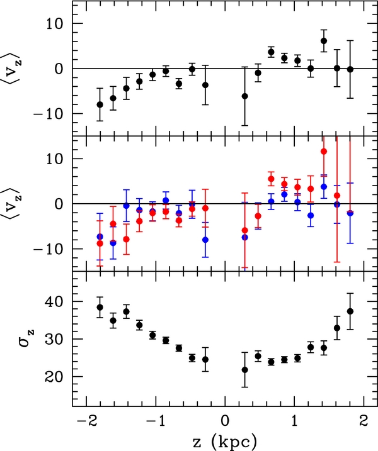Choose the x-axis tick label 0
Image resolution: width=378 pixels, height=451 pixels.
(x=225, y=420)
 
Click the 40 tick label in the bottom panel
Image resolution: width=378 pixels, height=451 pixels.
(x=54, y=302)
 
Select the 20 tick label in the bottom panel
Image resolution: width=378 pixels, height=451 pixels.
(x=54, y=377)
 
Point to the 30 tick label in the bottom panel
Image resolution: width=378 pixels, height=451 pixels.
(x=54, y=340)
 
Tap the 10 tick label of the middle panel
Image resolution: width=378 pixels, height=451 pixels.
(x=54, y=159)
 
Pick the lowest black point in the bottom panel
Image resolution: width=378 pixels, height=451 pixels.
(x=244, y=370)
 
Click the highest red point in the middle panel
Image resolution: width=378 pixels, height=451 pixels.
(x=324, y=151)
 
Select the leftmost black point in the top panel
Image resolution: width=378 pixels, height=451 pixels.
(x=100, y=104)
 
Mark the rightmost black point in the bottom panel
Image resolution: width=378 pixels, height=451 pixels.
(x=350, y=311)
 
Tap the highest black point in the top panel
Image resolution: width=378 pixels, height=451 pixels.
(x=324, y=41)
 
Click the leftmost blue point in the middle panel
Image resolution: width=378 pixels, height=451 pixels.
(x=100, y=237)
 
